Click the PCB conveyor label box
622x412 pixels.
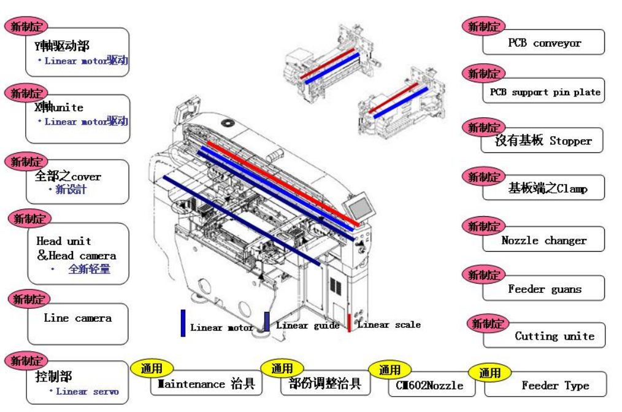click(544, 43)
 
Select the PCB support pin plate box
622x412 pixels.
click(544, 92)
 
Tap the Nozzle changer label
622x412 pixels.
click(544, 240)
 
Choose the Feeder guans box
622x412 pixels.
click(544, 289)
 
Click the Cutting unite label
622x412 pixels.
click(554, 336)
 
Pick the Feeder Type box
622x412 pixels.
click(555, 386)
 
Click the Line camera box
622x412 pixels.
click(78, 319)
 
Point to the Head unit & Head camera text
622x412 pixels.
click(76, 249)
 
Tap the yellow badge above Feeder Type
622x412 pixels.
click(490, 373)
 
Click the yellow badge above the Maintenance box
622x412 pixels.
click(152, 368)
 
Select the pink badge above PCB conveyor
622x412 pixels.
click(483, 26)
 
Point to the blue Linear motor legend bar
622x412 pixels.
click(183, 323)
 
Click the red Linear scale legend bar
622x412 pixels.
click(350, 323)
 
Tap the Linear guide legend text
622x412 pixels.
click(307, 325)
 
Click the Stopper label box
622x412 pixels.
click(543, 141)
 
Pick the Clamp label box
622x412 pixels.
click(544, 189)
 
